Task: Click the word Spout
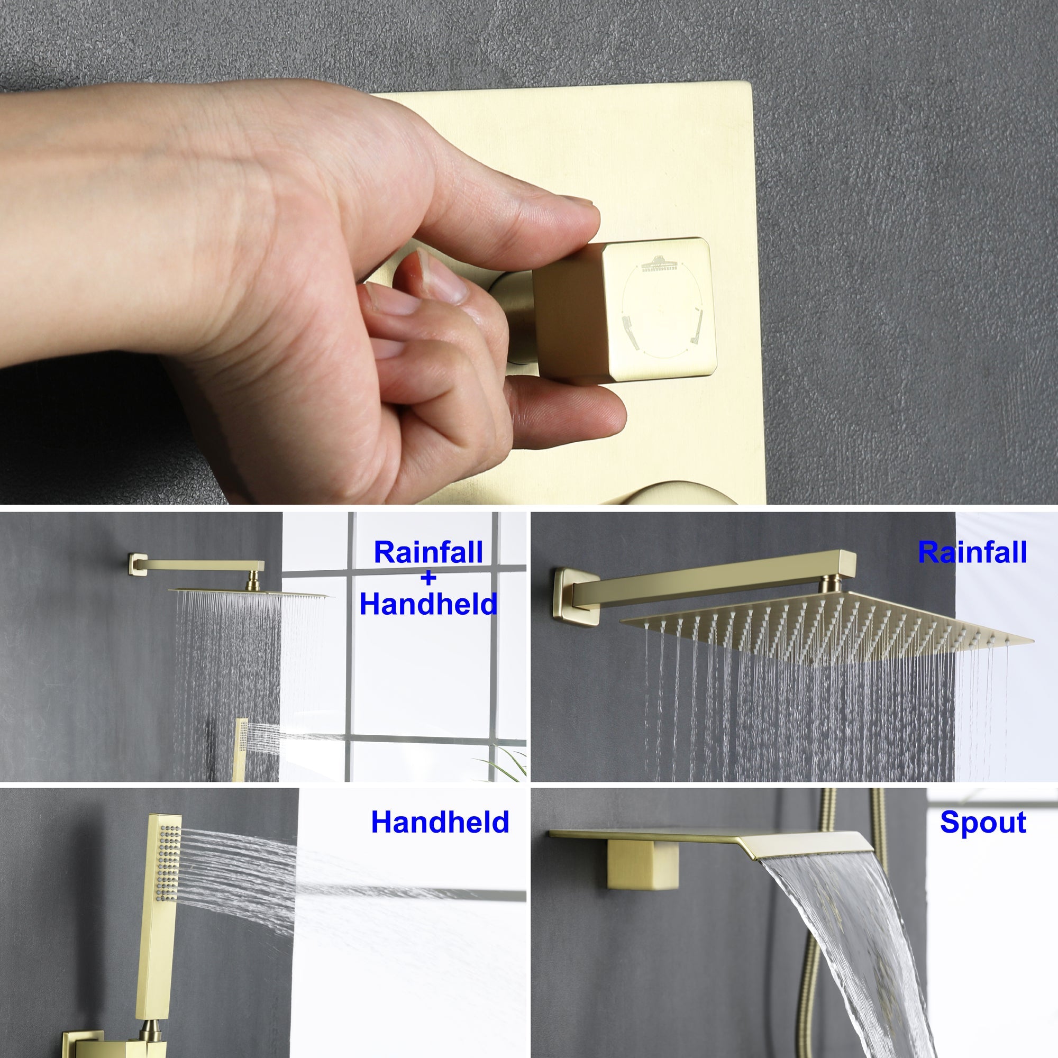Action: coord(982,823)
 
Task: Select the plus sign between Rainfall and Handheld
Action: coord(429,578)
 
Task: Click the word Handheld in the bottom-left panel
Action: coord(440,823)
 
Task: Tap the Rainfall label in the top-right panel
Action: coord(972,553)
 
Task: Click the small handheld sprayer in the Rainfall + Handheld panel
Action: coord(240,747)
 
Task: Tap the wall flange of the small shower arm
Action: coord(133,564)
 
